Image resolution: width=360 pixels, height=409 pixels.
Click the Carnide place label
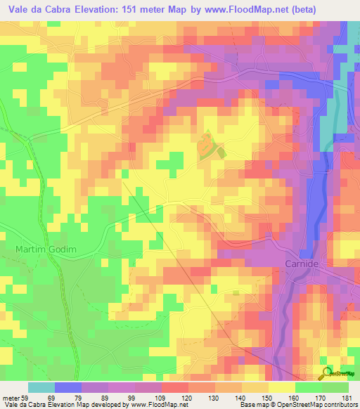[x=303, y=264]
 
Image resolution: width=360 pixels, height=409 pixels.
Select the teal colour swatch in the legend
[x=41, y=388]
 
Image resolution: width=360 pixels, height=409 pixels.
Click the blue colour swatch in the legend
[x=68, y=388]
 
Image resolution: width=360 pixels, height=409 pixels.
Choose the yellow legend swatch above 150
[x=281, y=388]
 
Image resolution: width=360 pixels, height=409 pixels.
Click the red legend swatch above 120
[x=175, y=388]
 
